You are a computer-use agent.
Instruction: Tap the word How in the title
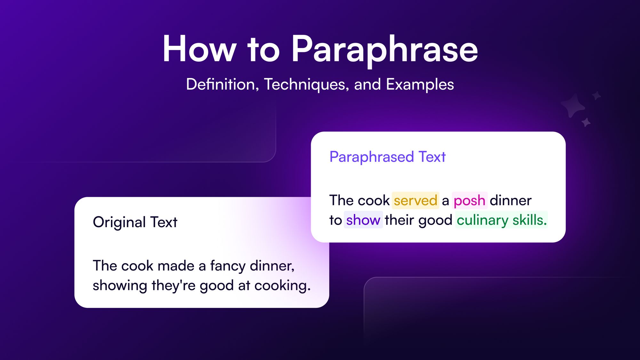tap(199, 50)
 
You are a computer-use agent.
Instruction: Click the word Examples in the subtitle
tap(420, 84)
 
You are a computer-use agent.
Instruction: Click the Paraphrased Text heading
tap(388, 157)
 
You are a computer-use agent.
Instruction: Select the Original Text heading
tap(135, 222)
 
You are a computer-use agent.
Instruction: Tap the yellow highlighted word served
tap(415, 201)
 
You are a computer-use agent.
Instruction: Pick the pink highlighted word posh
tap(469, 201)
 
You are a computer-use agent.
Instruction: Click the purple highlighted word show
tap(363, 220)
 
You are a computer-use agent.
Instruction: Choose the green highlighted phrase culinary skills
tap(501, 220)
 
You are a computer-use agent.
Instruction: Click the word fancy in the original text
tap(228, 266)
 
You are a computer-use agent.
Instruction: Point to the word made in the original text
tap(176, 266)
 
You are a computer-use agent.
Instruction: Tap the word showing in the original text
tap(120, 285)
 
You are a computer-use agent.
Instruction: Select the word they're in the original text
tap(173, 285)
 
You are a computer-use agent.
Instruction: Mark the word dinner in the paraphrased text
tap(510, 201)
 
